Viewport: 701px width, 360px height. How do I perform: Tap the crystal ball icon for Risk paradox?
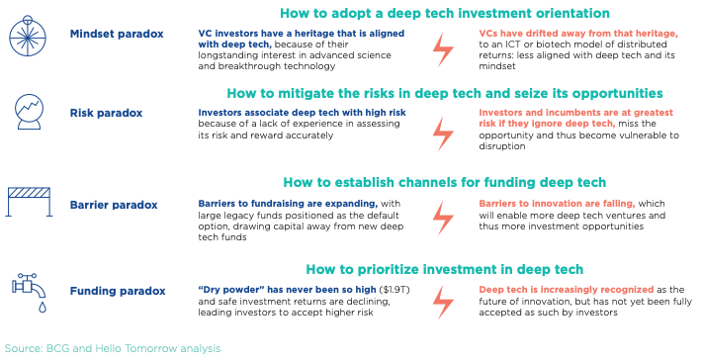tap(29, 112)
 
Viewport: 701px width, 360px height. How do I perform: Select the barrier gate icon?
tap(29, 202)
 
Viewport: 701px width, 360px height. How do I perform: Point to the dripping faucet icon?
tap(30, 292)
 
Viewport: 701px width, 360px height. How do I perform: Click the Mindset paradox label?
tap(117, 34)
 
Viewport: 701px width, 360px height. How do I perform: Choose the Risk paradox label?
tap(106, 113)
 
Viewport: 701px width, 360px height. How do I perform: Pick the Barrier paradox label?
tap(114, 205)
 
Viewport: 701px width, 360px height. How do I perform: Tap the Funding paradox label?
tap(118, 291)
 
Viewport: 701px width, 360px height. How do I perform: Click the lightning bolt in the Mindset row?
tap(443, 49)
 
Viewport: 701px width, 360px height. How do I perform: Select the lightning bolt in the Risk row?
tap(443, 134)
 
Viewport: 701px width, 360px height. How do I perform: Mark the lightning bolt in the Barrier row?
tap(443, 218)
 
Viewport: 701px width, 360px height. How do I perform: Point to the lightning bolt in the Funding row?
tap(443, 303)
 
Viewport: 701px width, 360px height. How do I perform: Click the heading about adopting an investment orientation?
tap(445, 13)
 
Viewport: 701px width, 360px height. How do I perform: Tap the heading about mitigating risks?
tap(445, 93)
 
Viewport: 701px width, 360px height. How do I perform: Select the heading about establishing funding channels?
tap(445, 182)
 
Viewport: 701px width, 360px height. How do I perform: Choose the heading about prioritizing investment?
tap(445, 269)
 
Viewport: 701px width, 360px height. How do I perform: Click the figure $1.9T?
tap(394, 290)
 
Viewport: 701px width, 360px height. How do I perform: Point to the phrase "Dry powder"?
tap(231, 290)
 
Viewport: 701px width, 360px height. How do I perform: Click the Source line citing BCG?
tap(113, 348)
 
